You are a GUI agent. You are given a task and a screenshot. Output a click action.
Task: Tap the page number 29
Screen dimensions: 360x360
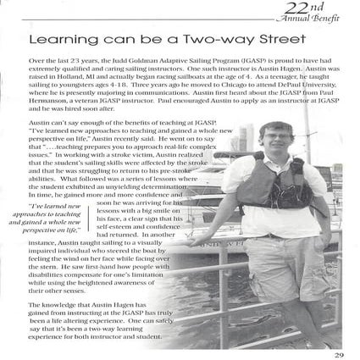click(x=338, y=354)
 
